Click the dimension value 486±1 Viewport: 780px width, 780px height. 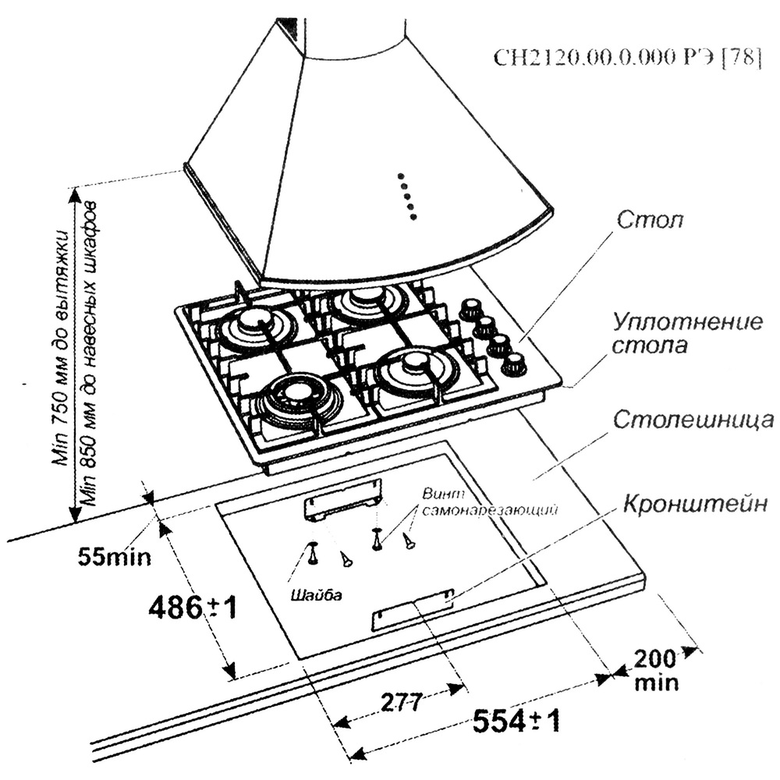coord(192,606)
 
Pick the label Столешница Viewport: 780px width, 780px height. coord(693,422)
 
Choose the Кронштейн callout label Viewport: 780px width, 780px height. coord(696,505)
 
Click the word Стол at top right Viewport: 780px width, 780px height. coord(649,221)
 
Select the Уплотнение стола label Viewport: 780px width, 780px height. coord(686,333)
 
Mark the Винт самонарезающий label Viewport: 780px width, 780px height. coord(490,502)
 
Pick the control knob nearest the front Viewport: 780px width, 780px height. coord(514,363)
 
